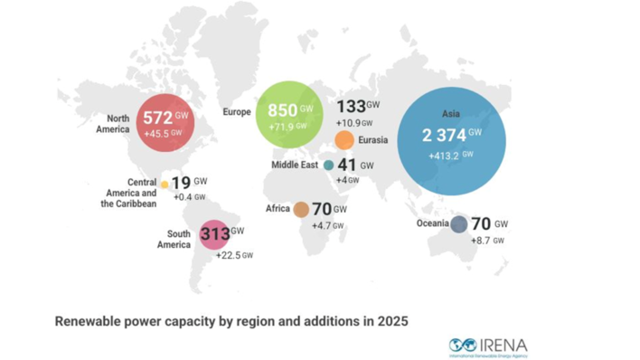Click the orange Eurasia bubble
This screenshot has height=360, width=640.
click(344, 140)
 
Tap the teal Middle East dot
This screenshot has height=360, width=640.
click(328, 166)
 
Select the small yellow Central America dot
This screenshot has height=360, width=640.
click(165, 185)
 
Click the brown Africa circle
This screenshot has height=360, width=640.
click(301, 210)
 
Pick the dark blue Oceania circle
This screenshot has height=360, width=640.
click(458, 224)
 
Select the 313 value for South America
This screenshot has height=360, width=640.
click(215, 235)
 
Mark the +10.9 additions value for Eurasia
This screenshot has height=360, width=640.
click(349, 122)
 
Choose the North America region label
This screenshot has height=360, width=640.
click(113, 122)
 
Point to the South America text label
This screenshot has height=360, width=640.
click(174, 239)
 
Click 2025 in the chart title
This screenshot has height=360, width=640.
click(391, 320)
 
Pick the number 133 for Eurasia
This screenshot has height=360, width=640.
click(351, 107)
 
